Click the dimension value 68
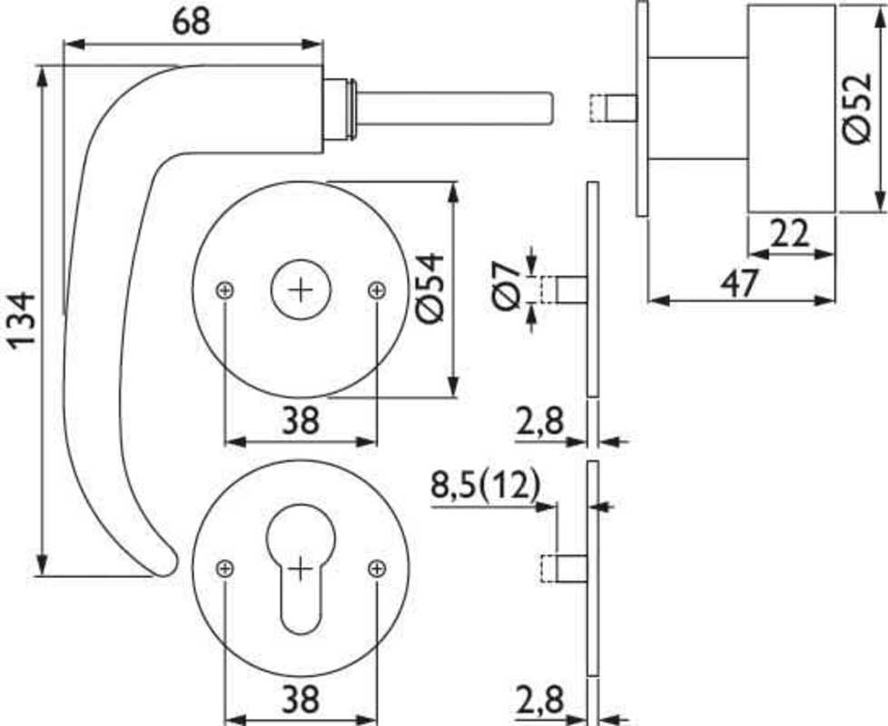click(x=191, y=22)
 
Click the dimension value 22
click(x=790, y=233)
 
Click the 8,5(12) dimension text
click(x=486, y=486)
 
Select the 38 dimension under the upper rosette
click(x=301, y=420)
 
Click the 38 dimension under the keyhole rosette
click(x=301, y=699)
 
